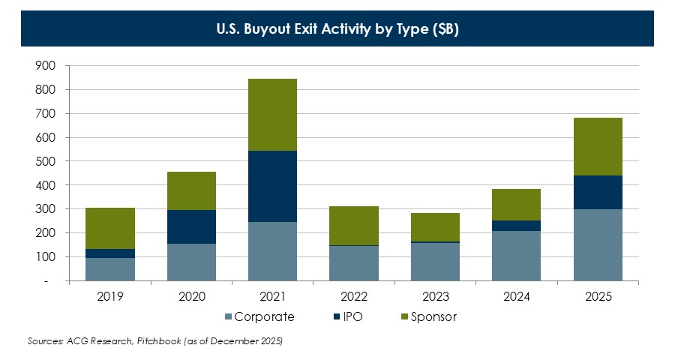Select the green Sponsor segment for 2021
click(x=272, y=115)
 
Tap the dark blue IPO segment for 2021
click(x=272, y=186)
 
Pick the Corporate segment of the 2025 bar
click(x=598, y=244)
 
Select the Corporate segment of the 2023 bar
click(x=435, y=262)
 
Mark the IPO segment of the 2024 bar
click(x=517, y=226)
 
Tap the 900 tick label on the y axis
click(x=45, y=66)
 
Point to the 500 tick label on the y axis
click(x=45, y=161)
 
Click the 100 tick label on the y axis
click(x=45, y=257)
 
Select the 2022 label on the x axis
click(x=354, y=297)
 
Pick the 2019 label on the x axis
click(x=110, y=297)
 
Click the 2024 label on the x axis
click(x=517, y=297)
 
